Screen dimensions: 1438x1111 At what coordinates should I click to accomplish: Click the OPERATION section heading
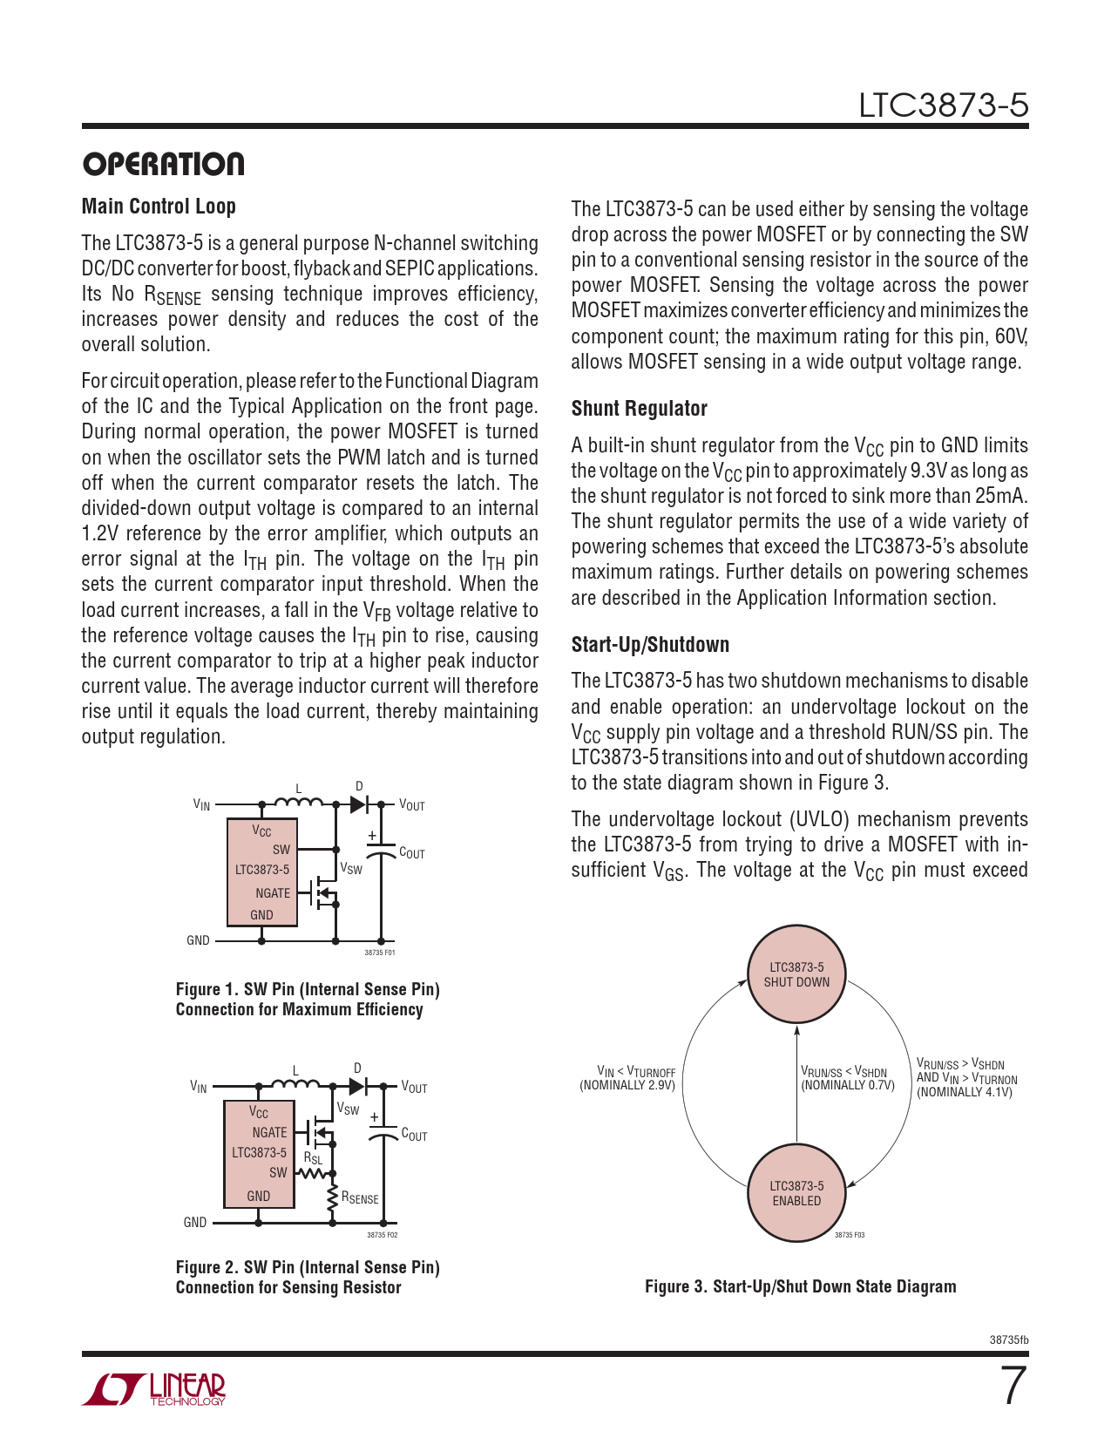163,164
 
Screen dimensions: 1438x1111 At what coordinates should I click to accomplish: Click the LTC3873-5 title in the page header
943,105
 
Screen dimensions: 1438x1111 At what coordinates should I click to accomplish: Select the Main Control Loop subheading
159,207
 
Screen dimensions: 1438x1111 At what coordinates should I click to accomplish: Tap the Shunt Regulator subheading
639,409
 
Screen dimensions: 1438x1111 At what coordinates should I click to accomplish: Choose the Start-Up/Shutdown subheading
650,645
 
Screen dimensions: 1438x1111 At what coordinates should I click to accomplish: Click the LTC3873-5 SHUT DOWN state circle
796,974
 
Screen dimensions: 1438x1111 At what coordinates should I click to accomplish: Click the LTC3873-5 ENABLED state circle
796,1193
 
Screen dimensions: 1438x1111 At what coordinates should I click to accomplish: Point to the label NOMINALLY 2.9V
627,1086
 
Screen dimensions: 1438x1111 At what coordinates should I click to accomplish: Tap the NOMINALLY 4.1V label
965,1093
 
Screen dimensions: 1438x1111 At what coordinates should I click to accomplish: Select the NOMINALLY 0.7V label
848,1086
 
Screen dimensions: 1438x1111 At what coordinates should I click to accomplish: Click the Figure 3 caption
800,1286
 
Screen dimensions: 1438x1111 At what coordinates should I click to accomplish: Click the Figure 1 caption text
308,1000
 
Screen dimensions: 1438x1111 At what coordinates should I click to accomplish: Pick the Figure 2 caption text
308,1278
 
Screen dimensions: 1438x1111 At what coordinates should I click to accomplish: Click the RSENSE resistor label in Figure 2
360,1198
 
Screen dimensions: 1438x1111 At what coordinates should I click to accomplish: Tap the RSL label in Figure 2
313,1158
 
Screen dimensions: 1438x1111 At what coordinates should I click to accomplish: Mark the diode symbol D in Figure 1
357,804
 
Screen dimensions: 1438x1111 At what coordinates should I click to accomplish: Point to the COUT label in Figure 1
411,853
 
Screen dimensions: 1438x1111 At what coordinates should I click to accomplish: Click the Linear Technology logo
154,1389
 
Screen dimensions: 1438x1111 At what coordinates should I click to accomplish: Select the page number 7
1012,1386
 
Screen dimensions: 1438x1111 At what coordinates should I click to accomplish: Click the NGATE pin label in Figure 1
273,893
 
